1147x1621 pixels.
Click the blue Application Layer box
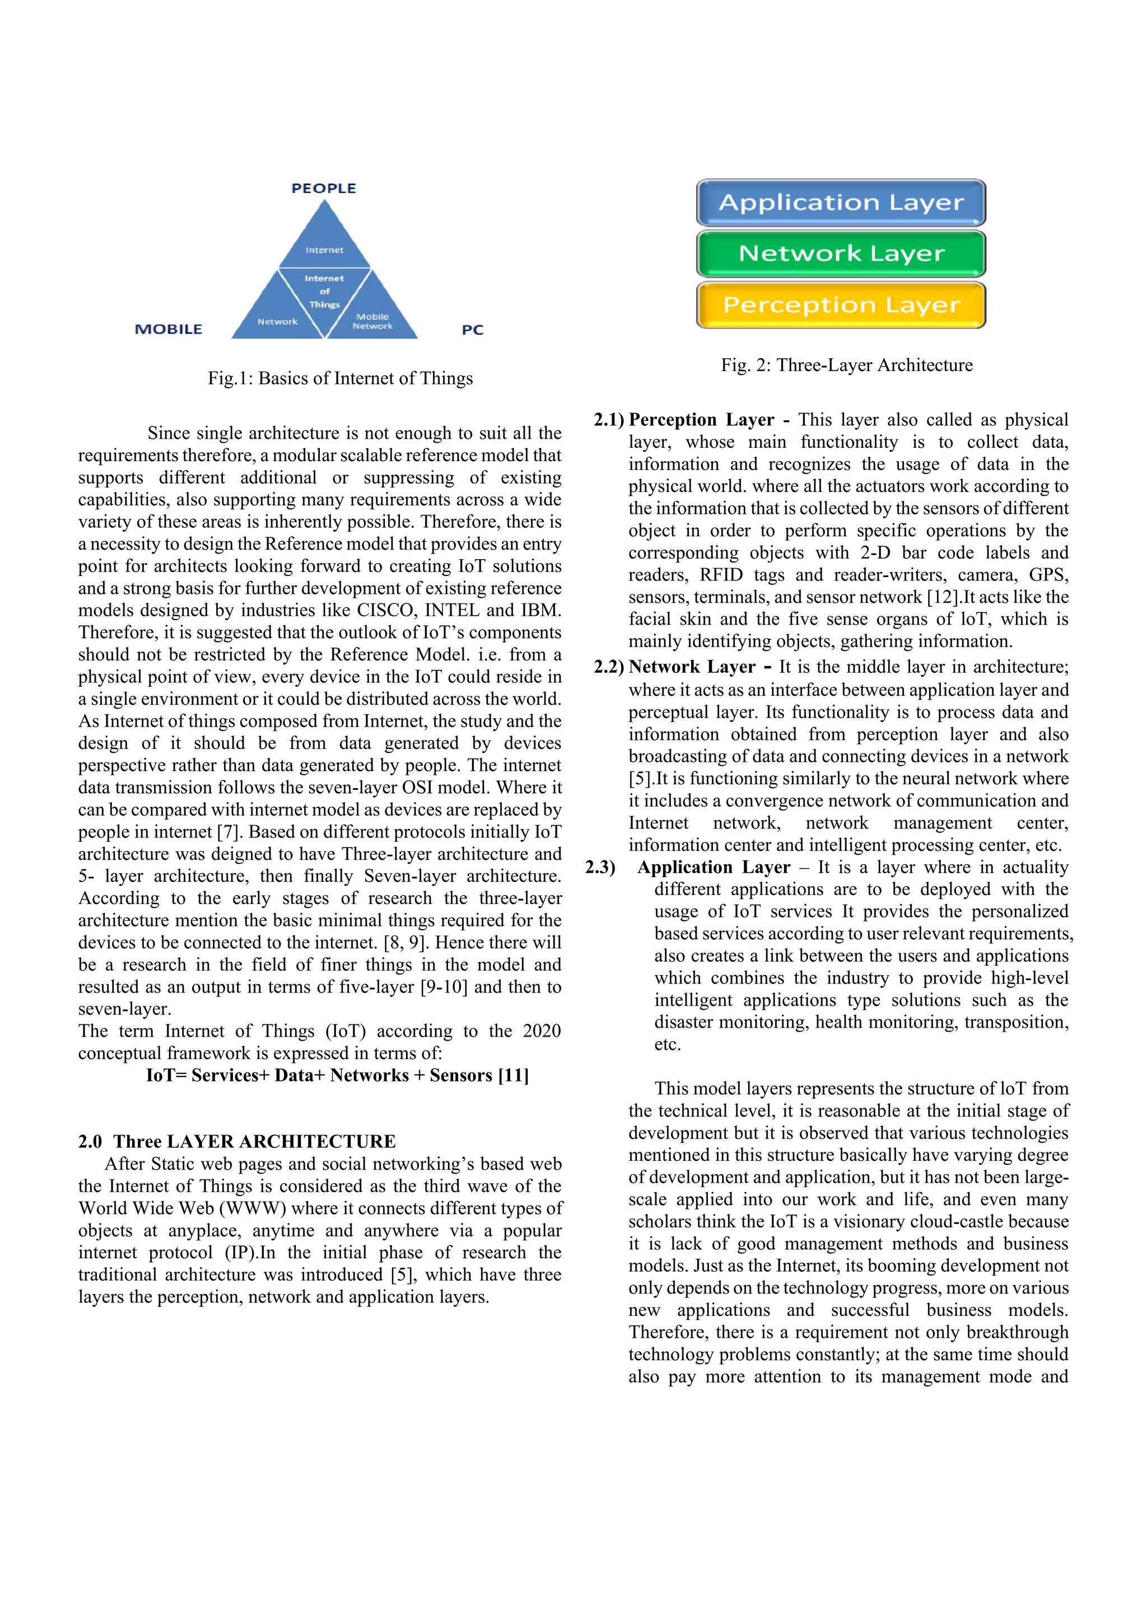[841, 203]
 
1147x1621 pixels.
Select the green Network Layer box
[841, 254]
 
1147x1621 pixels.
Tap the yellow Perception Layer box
[841, 305]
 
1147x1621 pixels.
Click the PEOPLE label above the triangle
[324, 189]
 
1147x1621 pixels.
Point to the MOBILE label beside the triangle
[168, 329]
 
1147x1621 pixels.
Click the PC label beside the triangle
[473, 330]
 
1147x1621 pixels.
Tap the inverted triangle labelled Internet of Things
[324, 292]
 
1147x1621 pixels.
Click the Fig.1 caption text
[340, 378]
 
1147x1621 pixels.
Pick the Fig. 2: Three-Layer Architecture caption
[846, 365]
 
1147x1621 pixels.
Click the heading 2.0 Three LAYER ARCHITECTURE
[236, 1142]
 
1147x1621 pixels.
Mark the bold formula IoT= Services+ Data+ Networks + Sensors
[337, 1075]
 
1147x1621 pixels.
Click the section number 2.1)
[608, 420]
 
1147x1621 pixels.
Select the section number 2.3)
[600, 867]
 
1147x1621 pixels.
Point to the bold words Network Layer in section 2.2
[692, 667]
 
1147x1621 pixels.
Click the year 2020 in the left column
[542, 1031]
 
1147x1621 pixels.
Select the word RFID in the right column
[721, 575]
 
